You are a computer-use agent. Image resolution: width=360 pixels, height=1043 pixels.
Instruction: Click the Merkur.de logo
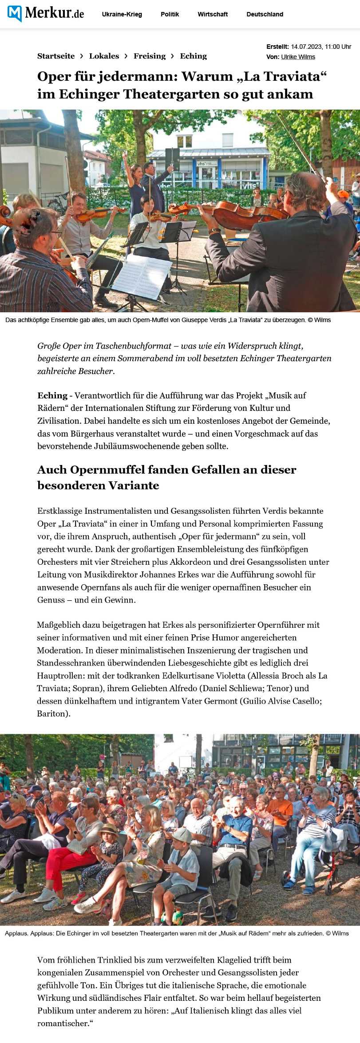46,13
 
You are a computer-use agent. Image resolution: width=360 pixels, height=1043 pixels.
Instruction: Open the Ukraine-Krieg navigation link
122,14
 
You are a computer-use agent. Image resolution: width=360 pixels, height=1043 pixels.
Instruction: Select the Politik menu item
170,14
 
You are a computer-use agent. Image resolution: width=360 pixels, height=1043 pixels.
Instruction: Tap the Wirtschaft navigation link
213,14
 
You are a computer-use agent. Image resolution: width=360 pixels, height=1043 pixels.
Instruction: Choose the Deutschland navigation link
265,14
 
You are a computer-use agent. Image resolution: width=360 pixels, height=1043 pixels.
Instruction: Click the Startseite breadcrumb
56,56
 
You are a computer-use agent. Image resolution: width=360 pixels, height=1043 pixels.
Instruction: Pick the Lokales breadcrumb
104,56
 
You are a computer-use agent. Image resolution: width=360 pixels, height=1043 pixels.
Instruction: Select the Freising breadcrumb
149,56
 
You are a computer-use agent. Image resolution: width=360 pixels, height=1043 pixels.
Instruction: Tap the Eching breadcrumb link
193,56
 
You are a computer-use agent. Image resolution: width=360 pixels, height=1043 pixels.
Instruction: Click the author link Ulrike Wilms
298,57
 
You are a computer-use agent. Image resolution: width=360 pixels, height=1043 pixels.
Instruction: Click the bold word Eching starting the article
52,395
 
